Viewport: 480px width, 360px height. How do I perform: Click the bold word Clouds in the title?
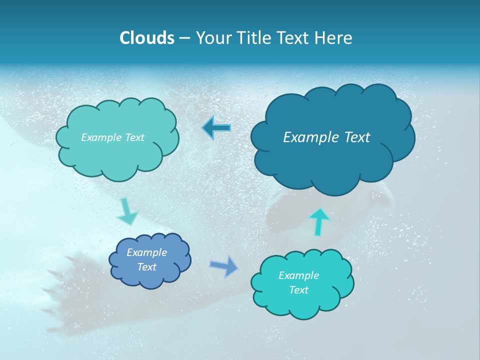point(147,38)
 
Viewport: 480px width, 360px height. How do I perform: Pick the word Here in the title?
point(334,38)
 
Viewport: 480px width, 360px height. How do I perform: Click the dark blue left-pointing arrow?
point(216,128)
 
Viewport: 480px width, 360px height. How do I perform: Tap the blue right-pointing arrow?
point(223,266)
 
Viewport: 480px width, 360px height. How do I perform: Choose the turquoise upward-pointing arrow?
point(319,222)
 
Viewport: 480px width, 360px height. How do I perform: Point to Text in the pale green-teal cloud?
point(134,137)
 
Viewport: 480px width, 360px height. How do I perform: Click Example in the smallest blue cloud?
point(146,252)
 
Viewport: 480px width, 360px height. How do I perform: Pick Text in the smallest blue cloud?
point(146,267)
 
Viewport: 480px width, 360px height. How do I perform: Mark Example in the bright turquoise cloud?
point(298,275)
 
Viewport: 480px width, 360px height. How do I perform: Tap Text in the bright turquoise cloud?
point(298,290)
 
